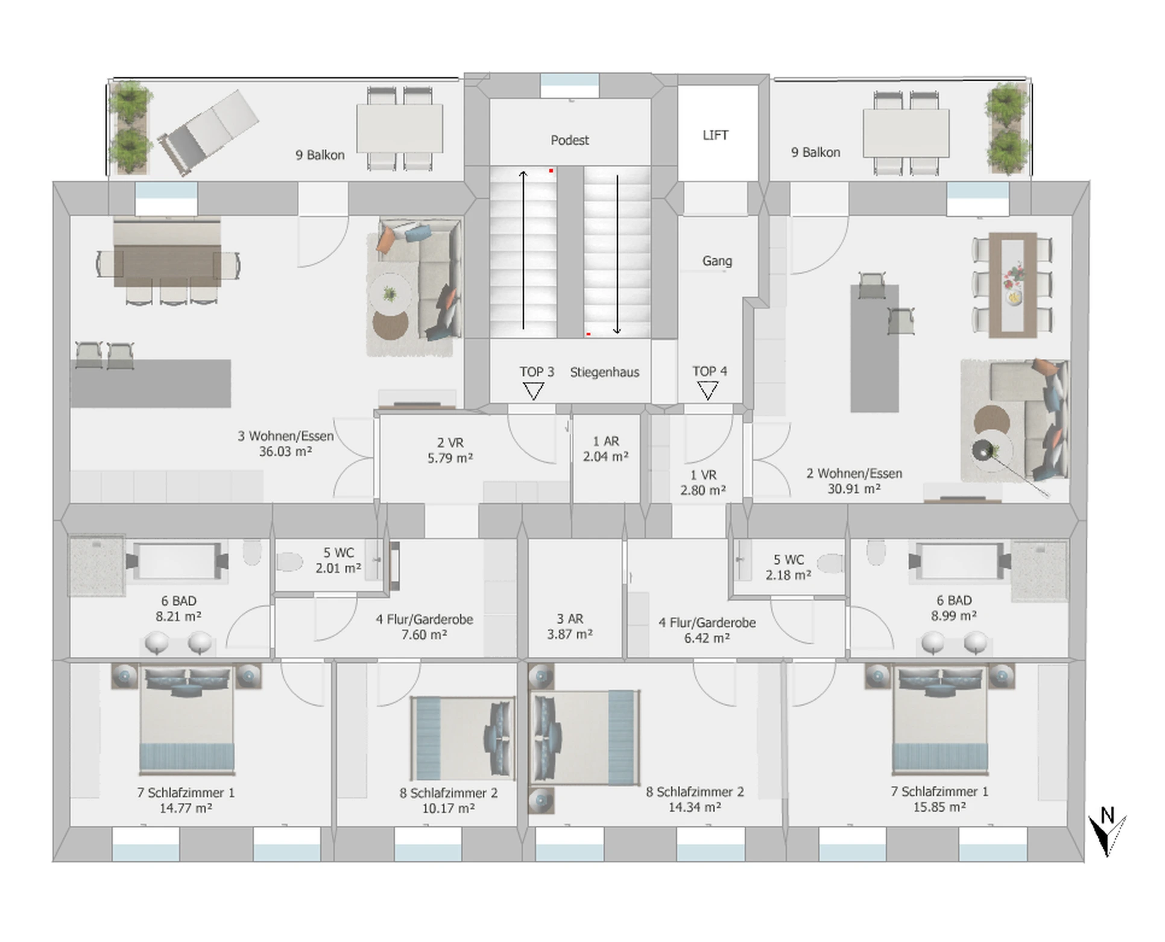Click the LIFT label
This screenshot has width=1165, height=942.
click(x=715, y=135)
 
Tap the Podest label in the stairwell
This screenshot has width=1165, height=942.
click(x=569, y=140)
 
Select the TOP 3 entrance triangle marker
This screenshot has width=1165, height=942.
click(x=533, y=391)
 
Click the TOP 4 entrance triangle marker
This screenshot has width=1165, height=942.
click(x=707, y=391)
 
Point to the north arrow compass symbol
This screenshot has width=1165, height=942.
click(x=1107, y=833)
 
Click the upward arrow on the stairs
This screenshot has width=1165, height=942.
click(x=523, y=250)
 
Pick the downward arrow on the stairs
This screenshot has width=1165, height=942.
click(x=617, y=254)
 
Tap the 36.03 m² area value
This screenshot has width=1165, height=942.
click(x=285, y=452)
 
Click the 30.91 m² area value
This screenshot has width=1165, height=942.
click(x=854, y=489)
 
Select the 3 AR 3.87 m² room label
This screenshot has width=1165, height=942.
click(x=570, y=627)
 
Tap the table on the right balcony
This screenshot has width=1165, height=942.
click(x=906, y=133)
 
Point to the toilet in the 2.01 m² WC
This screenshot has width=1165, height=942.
click(x=289, y=562)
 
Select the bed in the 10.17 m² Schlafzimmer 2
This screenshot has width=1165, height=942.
click(x=463, y=739)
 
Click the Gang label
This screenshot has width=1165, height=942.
click(x=717, y=261)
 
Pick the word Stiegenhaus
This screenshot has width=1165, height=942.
click(x=604, y=372)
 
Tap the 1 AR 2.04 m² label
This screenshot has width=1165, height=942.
click(x=605, y=449)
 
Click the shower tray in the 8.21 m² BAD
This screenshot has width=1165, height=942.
click(x=97, y=566)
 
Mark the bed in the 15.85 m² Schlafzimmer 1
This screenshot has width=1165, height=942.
click(x=939, y=719)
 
